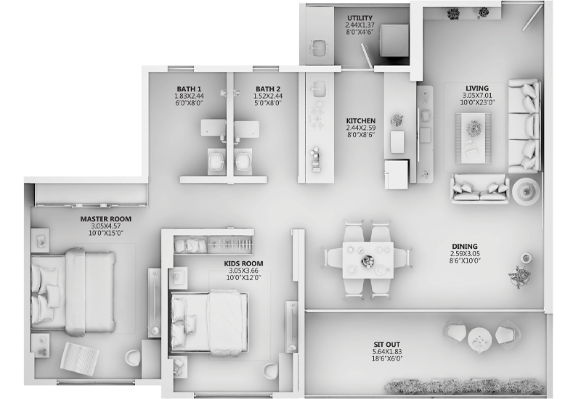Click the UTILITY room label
[x=359, y=17]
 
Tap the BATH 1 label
[x=189, y=89]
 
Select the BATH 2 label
[x=268, y=89]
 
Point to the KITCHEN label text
[x=361, y=120]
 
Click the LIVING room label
[x=477, y=88]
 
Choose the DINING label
[x=465, y=247]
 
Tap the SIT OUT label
[x=387, y=345]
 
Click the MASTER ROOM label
[x=106, y=219]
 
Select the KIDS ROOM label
[x=243, y=263]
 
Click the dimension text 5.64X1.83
[x=387, y=352]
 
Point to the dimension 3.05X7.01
[x=477, y=95]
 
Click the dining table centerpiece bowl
[x=367, y=261]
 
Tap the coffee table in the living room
[x=474, y=138]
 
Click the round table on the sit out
[x=479, y=339]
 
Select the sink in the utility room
[x=318, y=48]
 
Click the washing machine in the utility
[x=394, y=41]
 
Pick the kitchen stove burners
[x=317, y=115]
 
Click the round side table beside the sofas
[x=526, y=191]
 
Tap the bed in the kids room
[x=209, y=321]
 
